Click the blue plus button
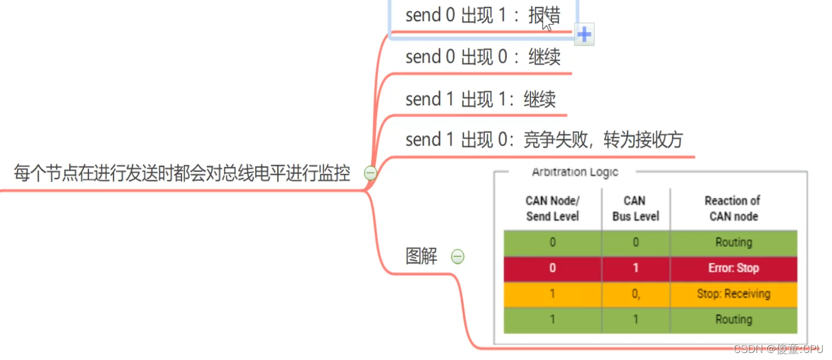pos(584,35)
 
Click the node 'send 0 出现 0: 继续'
pos(482,57)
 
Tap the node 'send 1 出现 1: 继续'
pos(480,100)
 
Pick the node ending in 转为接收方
pos(544,140)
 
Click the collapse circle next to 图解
pos(457,256)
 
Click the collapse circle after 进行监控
pos(370,173)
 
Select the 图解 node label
pos(422,256)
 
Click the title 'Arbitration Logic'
pos(574,172)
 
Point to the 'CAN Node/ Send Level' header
pos(552,208)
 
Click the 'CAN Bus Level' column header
pos(635,208)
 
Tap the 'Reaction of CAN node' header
pos(733,208)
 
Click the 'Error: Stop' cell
pos(733,269)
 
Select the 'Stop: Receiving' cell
pos(733,294)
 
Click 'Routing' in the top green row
pos(733,242)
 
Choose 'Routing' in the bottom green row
pos(733,320)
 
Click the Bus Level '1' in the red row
pos(635,269)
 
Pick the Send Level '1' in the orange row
pos(552,294)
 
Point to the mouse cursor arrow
pos(546,22)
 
